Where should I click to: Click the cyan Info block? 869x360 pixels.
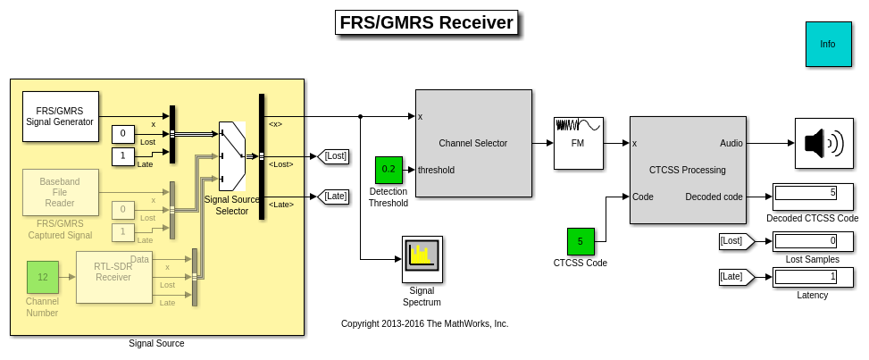pyautogui.click(x=828, y=44)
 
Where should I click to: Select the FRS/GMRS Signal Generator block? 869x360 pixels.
pyautogui.click(x=60, y=116)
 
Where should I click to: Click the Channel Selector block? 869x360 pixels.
pyautogui.click(x=472, y=143)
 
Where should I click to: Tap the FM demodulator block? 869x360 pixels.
pyautogui.click(x=578, y=143)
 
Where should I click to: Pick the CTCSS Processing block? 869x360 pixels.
pyautogui.click(x=687, y=169)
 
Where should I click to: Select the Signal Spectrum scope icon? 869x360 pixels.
pyautogui.click(x=422, y=258)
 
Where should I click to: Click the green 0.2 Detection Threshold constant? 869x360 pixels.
pyautogui.click(x=389, y=169)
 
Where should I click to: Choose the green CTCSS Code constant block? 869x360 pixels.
pyautogui.click(x=580, y=241)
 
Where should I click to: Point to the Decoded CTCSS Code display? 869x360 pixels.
pyautogui.click(x=806, y=192)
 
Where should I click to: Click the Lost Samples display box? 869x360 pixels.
pyautogui.click(x=806, y=240)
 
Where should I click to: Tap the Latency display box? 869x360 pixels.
pyautogui.click(x=806, y=277)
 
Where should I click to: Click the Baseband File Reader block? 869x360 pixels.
pyautogui.click(x=60, y=192)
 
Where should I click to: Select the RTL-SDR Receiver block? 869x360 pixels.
pyautogui.click(x=113, y=277)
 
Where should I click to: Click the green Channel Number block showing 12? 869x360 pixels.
pyautogui.click(x=42, y=277)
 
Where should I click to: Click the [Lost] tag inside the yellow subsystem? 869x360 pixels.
pyautogui.click(x=335, y=156)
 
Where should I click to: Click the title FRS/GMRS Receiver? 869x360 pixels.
pyautogui.click(x=427, y=23)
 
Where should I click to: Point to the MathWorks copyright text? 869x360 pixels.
pyautogui.click(x=424, y=323)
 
